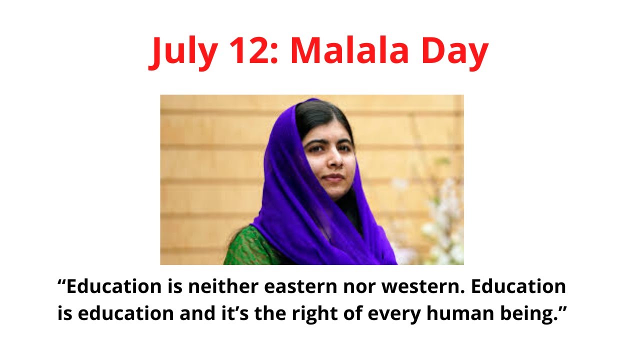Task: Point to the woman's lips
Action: (x=330, y=177)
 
